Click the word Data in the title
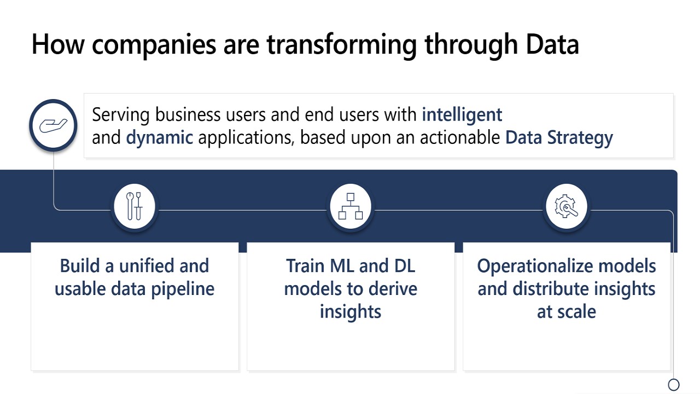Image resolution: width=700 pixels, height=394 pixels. [x=552, y=44]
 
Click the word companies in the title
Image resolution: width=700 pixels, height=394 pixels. [x=154, y=47]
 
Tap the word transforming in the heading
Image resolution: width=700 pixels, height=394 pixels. [x=342, y=47]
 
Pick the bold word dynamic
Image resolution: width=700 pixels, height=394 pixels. [x=159, y=138]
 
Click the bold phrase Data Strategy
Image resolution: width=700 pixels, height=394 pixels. [x=559, y=138]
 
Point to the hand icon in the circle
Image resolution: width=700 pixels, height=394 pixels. [x=53, y=125]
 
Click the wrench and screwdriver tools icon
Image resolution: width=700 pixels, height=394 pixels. [x=135, y=206]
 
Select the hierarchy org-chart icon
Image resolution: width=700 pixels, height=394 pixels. [x=351, y=206]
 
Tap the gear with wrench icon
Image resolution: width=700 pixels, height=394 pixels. [x=566, y=206]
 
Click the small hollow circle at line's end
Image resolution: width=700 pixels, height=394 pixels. [x=673, y=385]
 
